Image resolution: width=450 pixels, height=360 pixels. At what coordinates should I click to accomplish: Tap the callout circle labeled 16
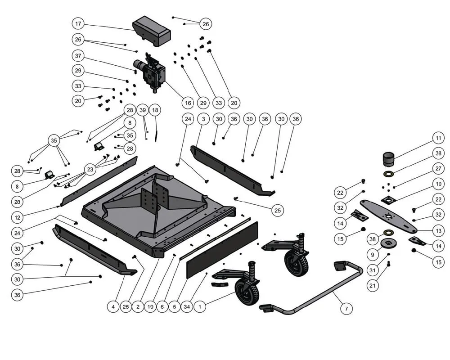[x=188, y=103]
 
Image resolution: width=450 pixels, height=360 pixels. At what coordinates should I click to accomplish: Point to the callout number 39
[x=143, y=110]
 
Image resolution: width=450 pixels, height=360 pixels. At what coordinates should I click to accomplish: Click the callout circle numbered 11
[x=438, y=138]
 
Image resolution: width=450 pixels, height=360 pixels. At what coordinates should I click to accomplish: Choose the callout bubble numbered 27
[x=438, y=168]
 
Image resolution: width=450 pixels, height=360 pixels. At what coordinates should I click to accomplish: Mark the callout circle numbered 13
[x=438, y=230]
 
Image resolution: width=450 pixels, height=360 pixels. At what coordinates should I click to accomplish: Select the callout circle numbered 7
[x=346, y=309]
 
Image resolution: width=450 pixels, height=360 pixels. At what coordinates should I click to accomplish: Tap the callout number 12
[x=17, y=218]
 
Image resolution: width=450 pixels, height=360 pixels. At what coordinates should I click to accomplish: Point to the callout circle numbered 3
[x=203, y=119]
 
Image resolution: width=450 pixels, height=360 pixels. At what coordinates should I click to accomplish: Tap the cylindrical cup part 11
[x=389, y=159]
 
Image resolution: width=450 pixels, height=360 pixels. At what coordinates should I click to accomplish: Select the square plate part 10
[x=388, y=199]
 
